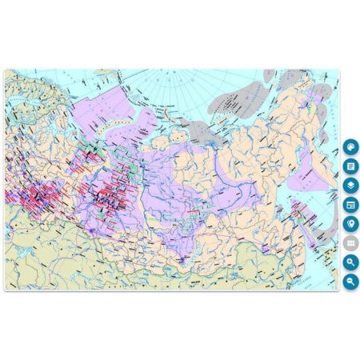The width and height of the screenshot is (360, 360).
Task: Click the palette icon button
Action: coord(350,148)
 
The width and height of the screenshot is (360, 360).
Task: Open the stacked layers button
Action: coord(350,186)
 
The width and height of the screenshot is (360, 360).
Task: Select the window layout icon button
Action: coord(350,205)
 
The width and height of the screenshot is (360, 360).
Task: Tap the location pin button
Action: coord(350,224)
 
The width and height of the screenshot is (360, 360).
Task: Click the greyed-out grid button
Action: coord(350,243)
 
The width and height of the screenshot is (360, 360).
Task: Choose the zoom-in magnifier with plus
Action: coord(350,262)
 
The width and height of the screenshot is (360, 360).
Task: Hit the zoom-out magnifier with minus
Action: coord(350,282)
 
